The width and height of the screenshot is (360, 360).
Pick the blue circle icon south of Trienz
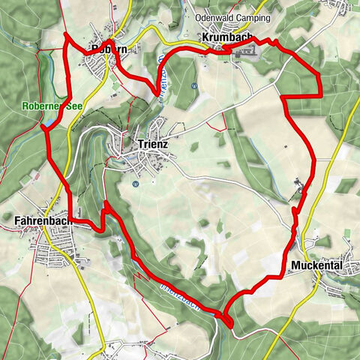click(x=136, y=183)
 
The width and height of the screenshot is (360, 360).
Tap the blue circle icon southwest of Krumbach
click(x=193, y=85)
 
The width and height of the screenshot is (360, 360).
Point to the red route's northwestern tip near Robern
click(x=66, y=34)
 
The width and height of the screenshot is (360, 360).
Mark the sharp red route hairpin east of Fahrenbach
click(x=104, y=204)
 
